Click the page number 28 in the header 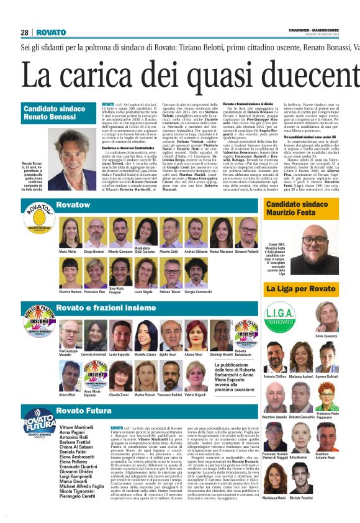click(25, 32)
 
